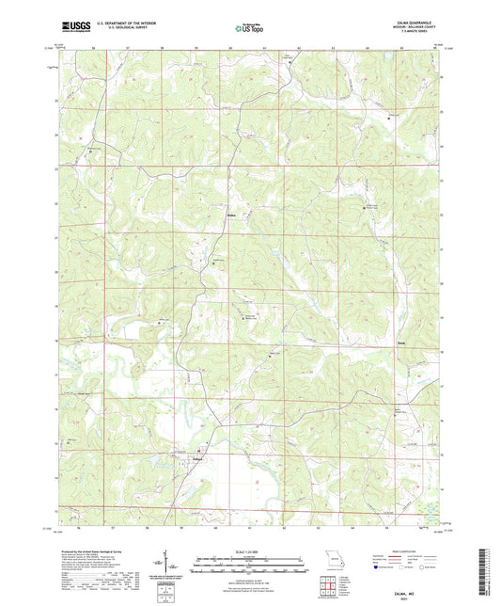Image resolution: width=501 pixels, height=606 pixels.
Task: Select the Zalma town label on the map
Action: pos(198,459)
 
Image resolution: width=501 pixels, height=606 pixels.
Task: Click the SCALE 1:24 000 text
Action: pos(250,551)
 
